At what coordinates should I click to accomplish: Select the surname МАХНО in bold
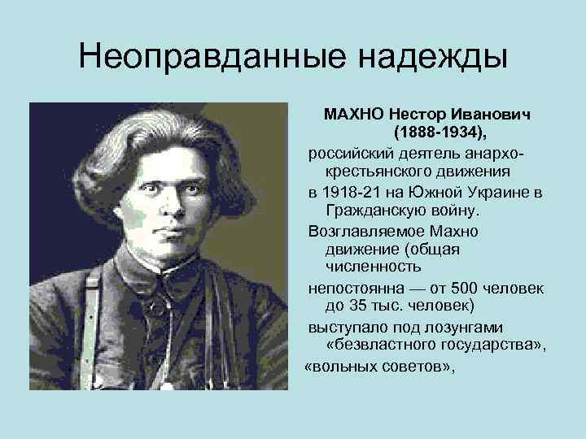pyautogui.click(x=354, y=113)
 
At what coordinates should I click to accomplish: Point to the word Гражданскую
pyautogui.click(x=372, y=211)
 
